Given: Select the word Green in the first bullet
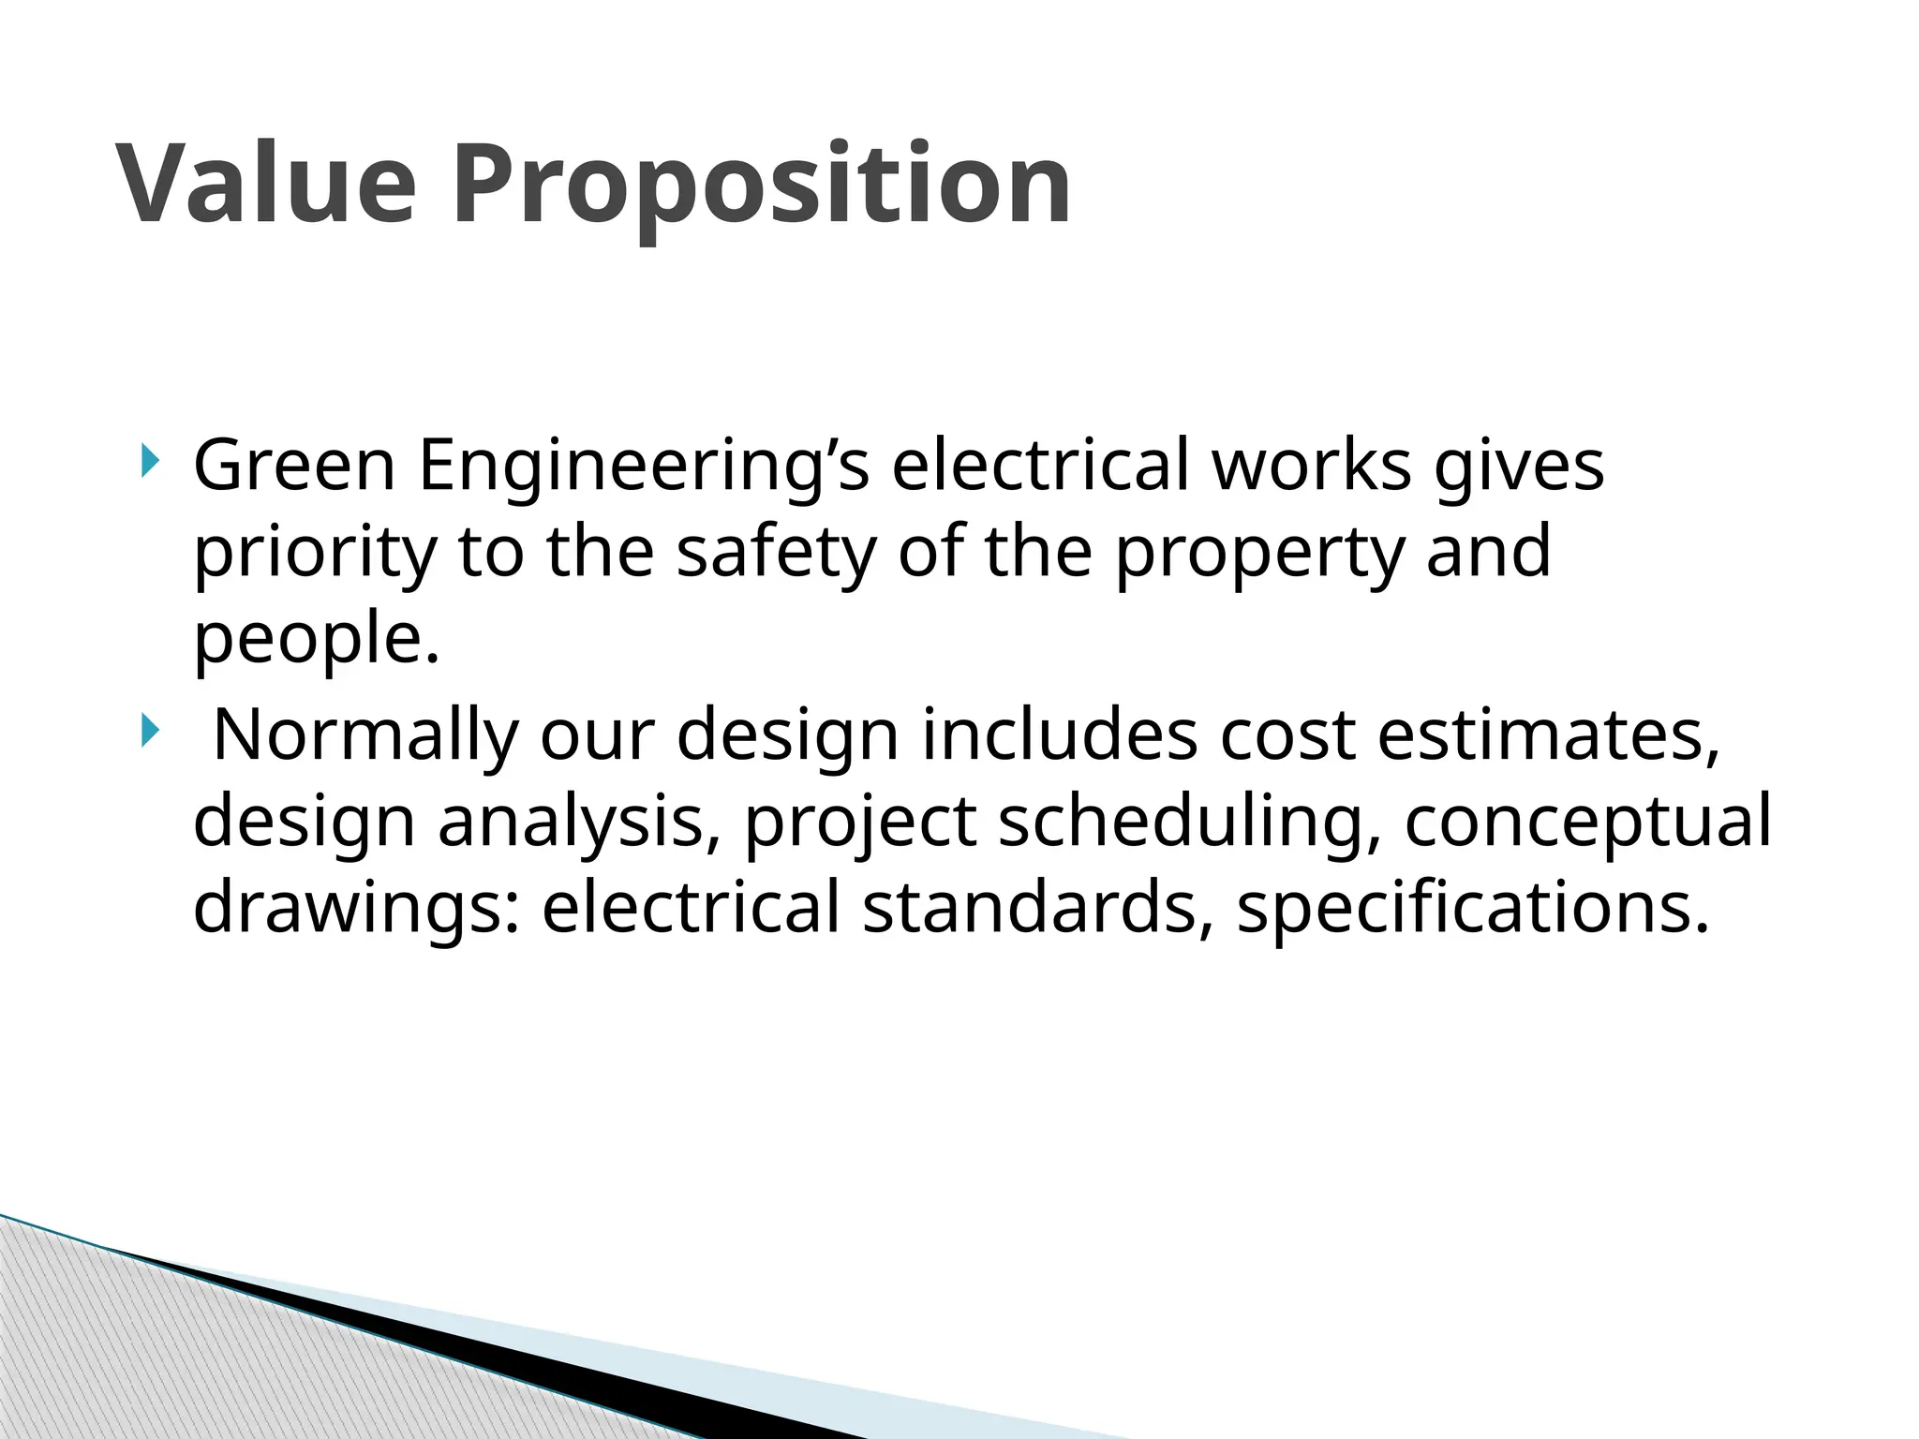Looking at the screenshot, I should click(294, 465).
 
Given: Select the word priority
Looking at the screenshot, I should click(315, 553).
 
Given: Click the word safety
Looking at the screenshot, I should click(776, 553).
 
